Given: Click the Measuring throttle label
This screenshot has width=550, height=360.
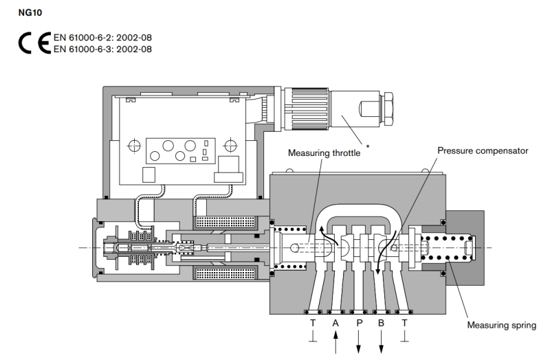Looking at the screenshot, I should [323, 153].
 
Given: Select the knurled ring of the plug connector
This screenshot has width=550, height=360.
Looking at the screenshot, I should [298, 107].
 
